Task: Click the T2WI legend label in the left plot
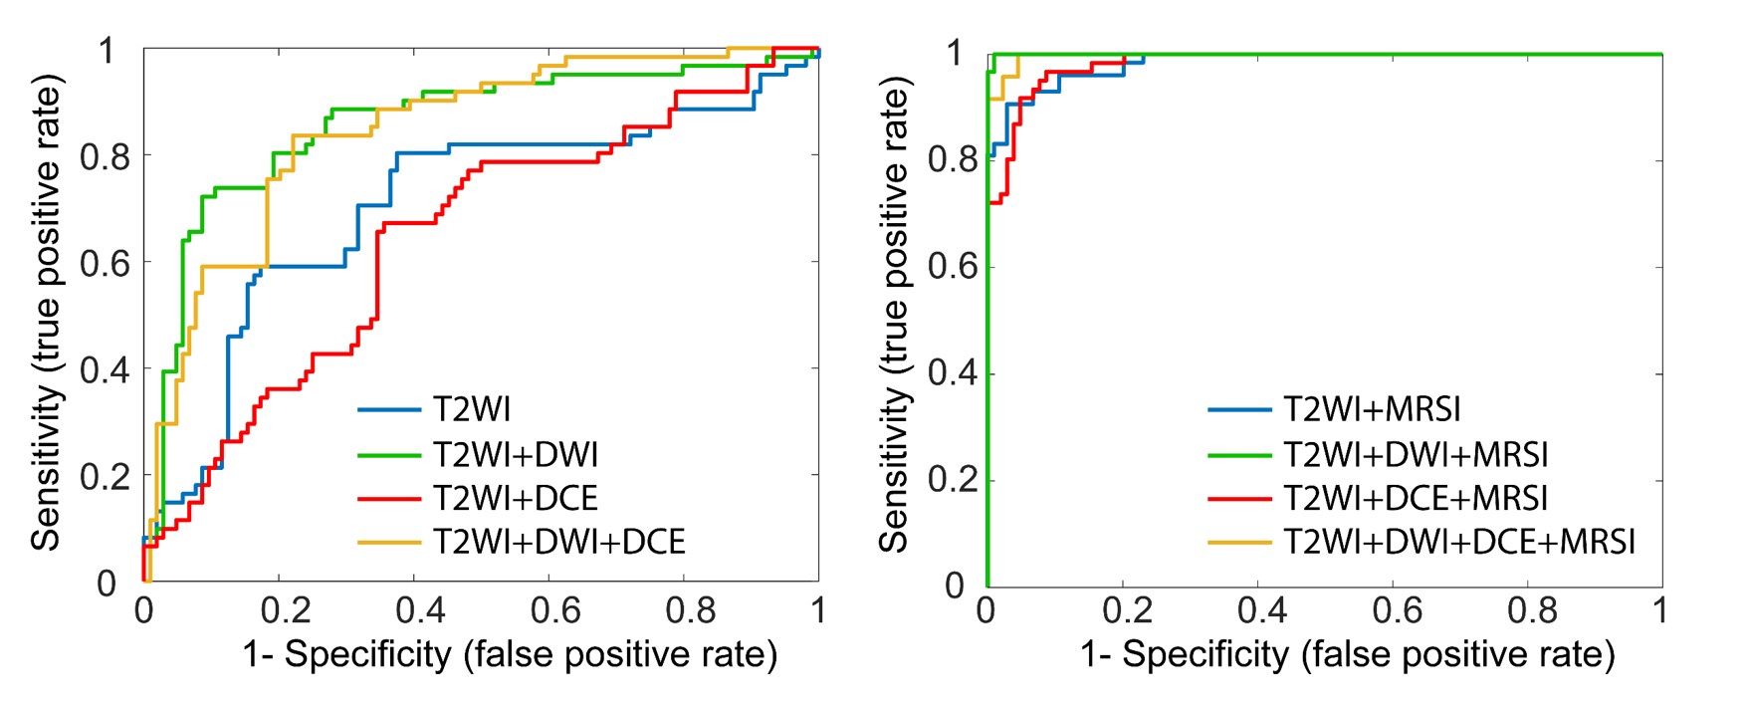[472, 409]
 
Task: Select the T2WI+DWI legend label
[516, 454]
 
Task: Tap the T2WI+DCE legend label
[516, 498]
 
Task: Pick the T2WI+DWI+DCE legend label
[559, 542]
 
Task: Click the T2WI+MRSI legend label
[1373, 409]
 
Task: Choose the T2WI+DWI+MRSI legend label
[1417, 454]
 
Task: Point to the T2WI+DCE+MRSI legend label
[1417, 498]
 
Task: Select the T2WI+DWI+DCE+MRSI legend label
[1460, 542]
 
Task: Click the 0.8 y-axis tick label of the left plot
[106, 156]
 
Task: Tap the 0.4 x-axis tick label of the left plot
[419, 610]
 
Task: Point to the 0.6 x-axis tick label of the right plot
[1398, 610]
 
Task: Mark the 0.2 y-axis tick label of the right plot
[953, 481]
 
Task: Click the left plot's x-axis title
[510, 654]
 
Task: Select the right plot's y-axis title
[895, 318]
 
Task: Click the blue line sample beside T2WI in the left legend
[389, 409]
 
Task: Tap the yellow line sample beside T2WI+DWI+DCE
[389, 542]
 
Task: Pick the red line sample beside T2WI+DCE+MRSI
[1240, 498]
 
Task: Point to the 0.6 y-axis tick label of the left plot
[106, 263]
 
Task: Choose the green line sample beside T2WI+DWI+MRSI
[1240, 454]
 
